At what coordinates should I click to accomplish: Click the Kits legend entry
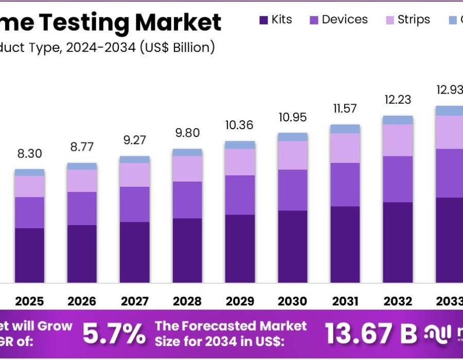tap(276, 20)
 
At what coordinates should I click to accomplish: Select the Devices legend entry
tap(339, 20)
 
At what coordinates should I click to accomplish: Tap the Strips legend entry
tap(407, 20)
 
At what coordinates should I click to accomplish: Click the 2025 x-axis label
tap(29, 301)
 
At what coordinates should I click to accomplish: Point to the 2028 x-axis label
tap(187, 301)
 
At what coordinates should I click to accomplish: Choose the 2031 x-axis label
tap(345, 301)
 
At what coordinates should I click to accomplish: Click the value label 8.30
tap(29, 154)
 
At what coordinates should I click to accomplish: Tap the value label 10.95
tap(293, 117)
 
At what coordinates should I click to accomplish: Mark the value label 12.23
tap(398, 100)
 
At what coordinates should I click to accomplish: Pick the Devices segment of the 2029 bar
tap(240, 195)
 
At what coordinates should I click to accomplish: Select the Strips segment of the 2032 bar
tap(398, 140)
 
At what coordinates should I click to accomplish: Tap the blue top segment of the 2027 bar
tap(135, 159)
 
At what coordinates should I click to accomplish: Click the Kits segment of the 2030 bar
tap(293, 246)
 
